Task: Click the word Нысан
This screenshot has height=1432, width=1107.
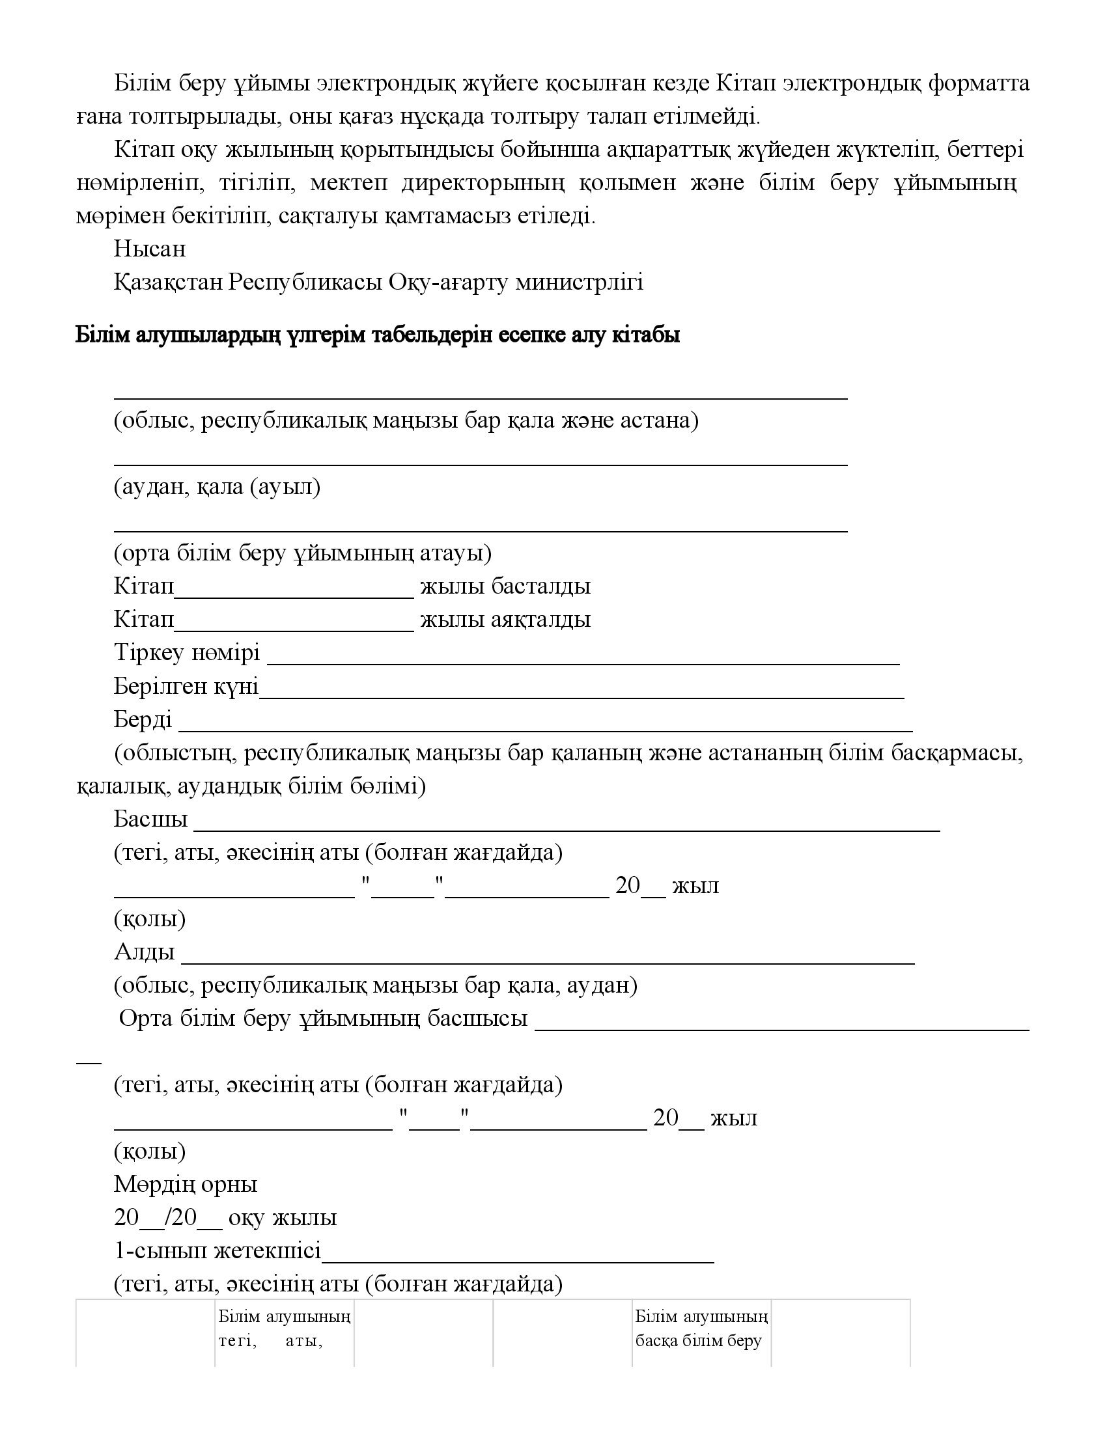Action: click(x=150, y=249)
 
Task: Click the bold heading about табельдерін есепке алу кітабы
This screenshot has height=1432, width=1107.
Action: click(x=378, y=335)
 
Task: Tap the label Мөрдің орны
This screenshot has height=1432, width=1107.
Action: click(x=186, y=1184)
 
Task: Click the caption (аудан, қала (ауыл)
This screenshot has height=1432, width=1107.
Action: click(x=217, y=487)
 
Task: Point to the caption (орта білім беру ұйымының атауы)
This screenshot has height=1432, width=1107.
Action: click(x=302, y=553)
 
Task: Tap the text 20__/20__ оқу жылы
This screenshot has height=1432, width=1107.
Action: click(x=225, y=1218)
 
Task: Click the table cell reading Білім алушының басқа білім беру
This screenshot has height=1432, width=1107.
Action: click(x=701, y=1329)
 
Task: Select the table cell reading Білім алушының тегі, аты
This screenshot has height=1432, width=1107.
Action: click(x=284, y=1329)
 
